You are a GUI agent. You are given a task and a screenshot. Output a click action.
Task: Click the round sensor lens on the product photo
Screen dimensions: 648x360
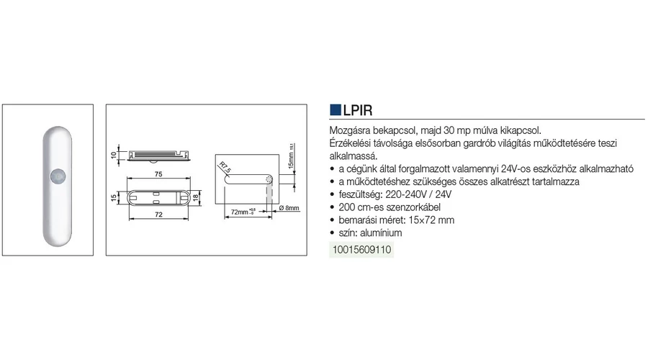(x=58, y=176)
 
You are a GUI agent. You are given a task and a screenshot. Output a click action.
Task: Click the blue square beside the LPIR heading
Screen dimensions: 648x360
(x=335, y=110)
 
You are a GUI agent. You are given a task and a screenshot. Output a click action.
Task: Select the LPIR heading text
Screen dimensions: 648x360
(x=358, y=110)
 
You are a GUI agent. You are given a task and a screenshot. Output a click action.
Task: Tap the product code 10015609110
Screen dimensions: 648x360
(x=361, y=250)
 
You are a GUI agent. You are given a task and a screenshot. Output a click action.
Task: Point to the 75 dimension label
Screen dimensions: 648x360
(x=158, y=174)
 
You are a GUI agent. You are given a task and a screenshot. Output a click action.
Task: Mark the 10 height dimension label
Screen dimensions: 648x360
(x=114, y=155)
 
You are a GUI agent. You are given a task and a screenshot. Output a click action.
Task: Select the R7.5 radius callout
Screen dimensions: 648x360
(x=225, y=167)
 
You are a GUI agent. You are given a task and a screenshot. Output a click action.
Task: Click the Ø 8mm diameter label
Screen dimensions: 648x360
(x=289, y=208)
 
